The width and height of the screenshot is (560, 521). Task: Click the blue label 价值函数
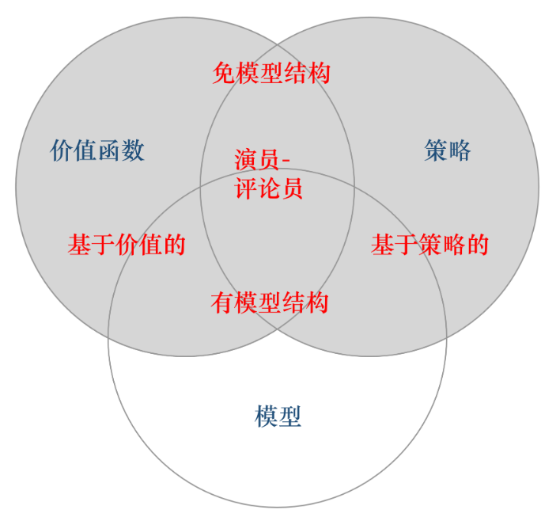(x=97, y=150)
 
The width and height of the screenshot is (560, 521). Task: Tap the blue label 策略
(x=448, y=150)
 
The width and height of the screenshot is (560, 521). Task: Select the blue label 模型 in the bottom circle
(x=278, y=416)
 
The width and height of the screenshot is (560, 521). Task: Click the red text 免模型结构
(x=271, y=73)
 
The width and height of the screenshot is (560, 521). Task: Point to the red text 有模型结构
(x=270, y=302)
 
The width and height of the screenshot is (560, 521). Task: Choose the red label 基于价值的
(x=127, y=245)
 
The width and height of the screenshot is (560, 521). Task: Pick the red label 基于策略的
(x=429, y=245)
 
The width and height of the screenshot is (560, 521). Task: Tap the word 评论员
(x=269, y=189)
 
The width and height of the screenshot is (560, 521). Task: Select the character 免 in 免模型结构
(x=224, y=73)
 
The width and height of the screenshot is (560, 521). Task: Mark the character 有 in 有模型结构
(x=222, y=302)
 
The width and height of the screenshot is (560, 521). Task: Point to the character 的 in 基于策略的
(x=477, y=245)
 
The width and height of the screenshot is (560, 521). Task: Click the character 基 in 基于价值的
(x=79, y=245)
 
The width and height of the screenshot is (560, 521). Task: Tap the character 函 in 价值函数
(x=109, y=150)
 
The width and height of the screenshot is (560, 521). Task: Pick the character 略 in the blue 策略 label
(x=460, y=150)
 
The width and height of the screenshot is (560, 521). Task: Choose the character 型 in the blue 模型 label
(x=290, y=416)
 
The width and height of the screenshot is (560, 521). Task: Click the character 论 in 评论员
(x=269, y=189)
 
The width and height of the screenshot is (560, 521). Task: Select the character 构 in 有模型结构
(x=317, y=302)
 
